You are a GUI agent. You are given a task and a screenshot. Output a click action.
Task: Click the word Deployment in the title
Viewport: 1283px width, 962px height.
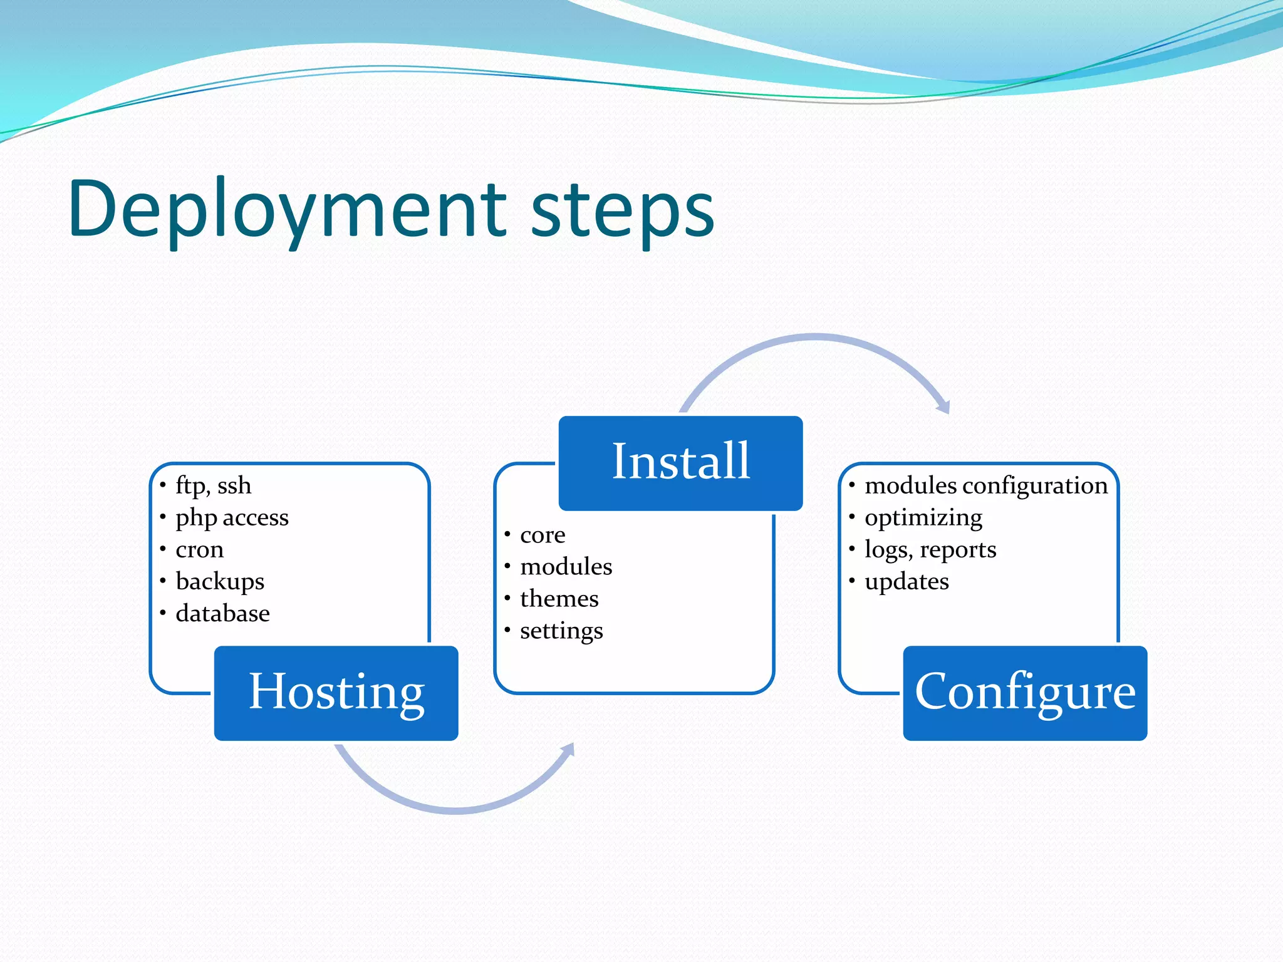[288, 210]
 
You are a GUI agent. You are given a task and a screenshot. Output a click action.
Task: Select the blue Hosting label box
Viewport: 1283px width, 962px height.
[336, 693]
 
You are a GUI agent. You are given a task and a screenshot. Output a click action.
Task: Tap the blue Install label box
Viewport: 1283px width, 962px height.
[680, 463]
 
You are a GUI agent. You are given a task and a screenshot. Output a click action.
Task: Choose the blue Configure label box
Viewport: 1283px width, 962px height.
[1025, 693]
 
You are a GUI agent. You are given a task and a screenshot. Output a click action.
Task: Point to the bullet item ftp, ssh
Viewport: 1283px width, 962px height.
[213, 486]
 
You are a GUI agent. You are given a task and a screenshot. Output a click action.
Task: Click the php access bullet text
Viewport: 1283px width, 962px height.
[232, 518]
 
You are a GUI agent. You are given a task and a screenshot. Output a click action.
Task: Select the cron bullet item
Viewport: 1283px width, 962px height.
[199, 550]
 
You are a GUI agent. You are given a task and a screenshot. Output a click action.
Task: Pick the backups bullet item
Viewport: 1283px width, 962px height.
[220, 582]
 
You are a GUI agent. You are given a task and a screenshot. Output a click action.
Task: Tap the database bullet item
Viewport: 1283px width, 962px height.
[222, 614]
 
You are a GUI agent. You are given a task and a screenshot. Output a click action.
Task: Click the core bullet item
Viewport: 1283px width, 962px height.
[543, 535]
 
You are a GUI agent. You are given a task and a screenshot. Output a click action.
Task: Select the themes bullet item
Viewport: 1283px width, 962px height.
[559, 599]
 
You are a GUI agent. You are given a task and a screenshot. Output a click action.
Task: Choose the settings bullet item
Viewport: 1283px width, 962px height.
[561, 631]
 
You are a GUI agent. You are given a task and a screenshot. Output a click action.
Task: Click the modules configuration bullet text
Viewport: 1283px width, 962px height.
[986, 486]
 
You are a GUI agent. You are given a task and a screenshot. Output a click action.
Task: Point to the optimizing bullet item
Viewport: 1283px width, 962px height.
[923, 518]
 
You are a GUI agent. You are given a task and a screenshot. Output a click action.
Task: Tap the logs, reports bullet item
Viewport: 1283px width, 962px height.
[930, 550]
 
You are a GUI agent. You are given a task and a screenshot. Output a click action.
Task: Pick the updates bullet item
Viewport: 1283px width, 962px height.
[906, 582]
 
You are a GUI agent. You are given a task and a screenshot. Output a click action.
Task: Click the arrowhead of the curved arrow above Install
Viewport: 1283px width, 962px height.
[945, 406]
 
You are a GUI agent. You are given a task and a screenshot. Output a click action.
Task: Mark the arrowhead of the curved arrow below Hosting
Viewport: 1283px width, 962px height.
[568, 750]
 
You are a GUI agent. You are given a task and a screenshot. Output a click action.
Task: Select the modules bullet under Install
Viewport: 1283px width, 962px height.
[566, 567]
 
